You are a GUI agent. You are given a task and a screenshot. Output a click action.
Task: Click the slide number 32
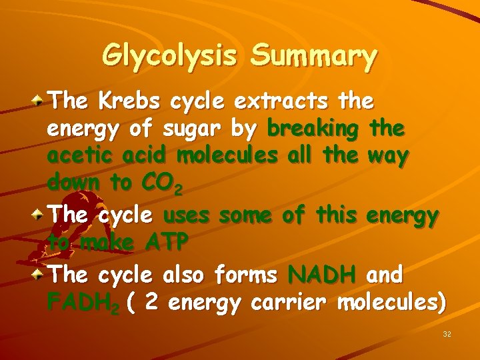tap(447, 333)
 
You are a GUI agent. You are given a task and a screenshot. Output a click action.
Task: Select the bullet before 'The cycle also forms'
tap(41, 274)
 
